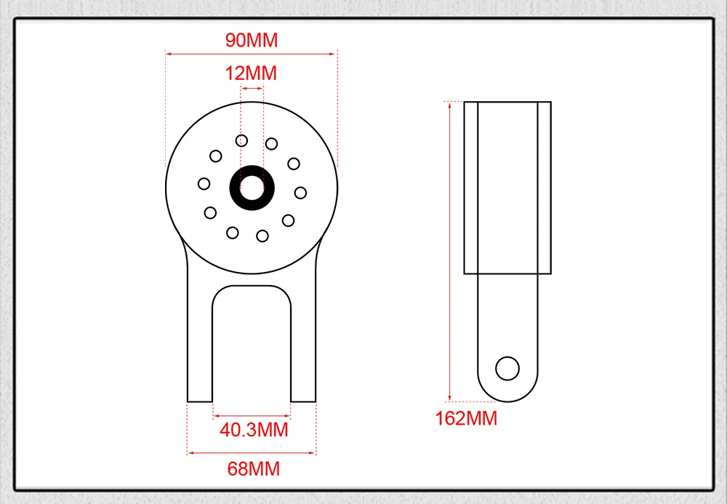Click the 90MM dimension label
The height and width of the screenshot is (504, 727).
[252, 40]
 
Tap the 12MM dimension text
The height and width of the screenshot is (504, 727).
[251, 73]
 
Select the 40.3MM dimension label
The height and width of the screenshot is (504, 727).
[254, 430]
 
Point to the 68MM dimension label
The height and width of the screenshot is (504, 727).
[254, 469]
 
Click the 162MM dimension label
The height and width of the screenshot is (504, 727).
[466, 418]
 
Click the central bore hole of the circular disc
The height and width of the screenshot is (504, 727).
[252, 188]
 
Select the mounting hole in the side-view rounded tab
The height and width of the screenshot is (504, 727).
[507, 369]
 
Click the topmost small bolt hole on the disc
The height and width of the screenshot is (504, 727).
[241, 140]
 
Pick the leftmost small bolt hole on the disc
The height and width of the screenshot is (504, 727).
[204, 184]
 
